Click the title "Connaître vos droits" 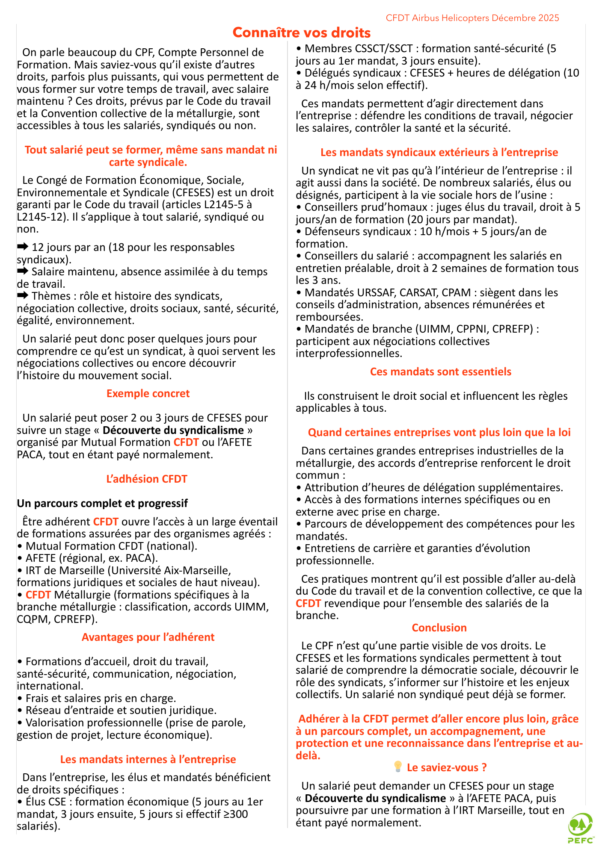pos(302,32)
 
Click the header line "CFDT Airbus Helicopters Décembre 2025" pos(472,18)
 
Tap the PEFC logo pos(581,828)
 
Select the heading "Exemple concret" pos(148,393)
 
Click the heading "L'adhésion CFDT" pos(147,479)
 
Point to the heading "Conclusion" pos(439,628)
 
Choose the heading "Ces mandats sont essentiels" pos(440,371)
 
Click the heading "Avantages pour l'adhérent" pos(148,637)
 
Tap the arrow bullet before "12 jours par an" pos(23,247)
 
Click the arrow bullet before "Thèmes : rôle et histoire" pos(23,295)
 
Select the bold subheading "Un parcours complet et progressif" pos(102,503)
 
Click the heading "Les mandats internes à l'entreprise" pos(148,759)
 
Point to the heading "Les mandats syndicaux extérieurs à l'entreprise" pos(439,152)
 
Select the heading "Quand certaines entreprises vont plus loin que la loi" pos(439,432)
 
